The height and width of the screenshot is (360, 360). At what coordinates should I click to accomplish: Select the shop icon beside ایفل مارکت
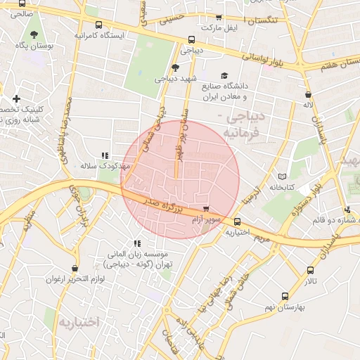(x=219, y=18)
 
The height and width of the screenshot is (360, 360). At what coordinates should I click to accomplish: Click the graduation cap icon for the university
(x=224, y=75)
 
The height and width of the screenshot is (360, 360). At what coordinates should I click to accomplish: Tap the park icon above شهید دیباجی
(x=175, y=67)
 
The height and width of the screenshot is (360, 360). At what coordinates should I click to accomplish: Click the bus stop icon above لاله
(x=307, y=94)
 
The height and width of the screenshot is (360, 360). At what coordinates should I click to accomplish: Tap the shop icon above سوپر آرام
(x=205, y=209)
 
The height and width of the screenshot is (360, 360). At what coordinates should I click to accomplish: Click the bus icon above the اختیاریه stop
(x=236, y=221)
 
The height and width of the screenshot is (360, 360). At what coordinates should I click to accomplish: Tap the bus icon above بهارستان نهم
(x=285, y=296)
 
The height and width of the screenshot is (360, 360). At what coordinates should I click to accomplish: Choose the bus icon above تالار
(x=310, y=270)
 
